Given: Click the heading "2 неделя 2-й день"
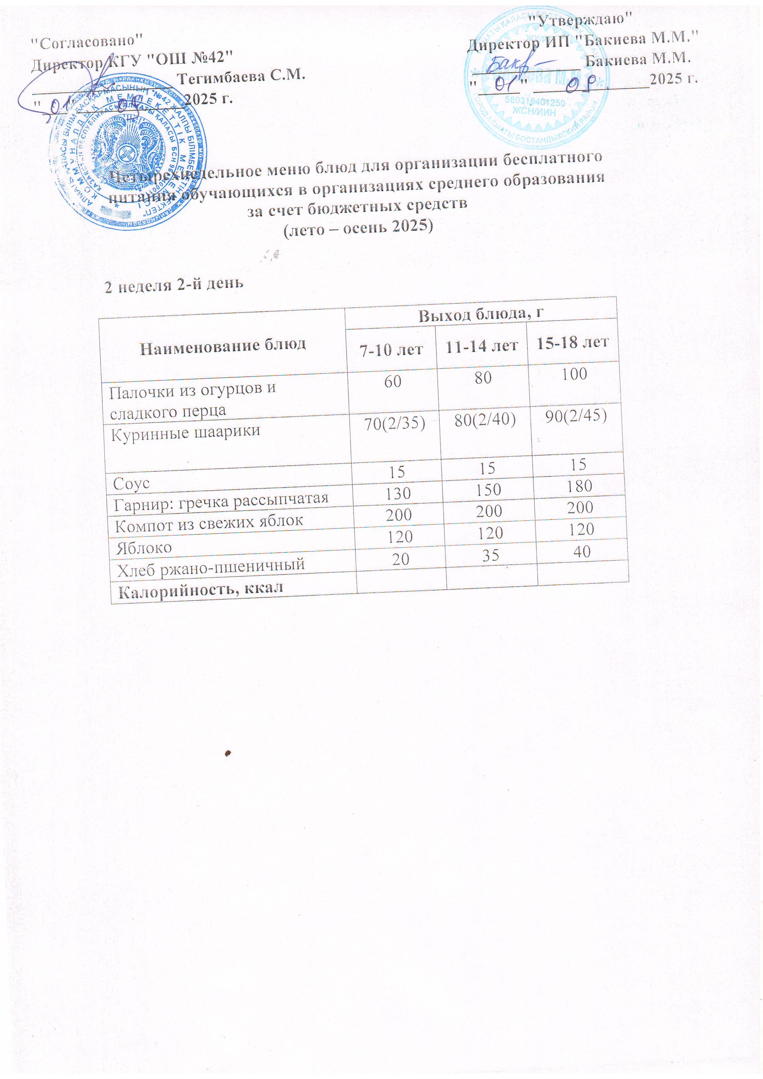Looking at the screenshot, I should (174, 284).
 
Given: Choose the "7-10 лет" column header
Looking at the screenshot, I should (391, 350).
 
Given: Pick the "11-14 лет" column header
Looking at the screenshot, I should (481, 346).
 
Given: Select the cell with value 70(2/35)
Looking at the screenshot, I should (395, 424).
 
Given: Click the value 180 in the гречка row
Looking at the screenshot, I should (579, 486).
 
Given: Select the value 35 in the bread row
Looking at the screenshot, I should (490, 555).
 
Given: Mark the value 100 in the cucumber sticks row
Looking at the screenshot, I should (574, 374).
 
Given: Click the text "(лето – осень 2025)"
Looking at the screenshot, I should (358, 227).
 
